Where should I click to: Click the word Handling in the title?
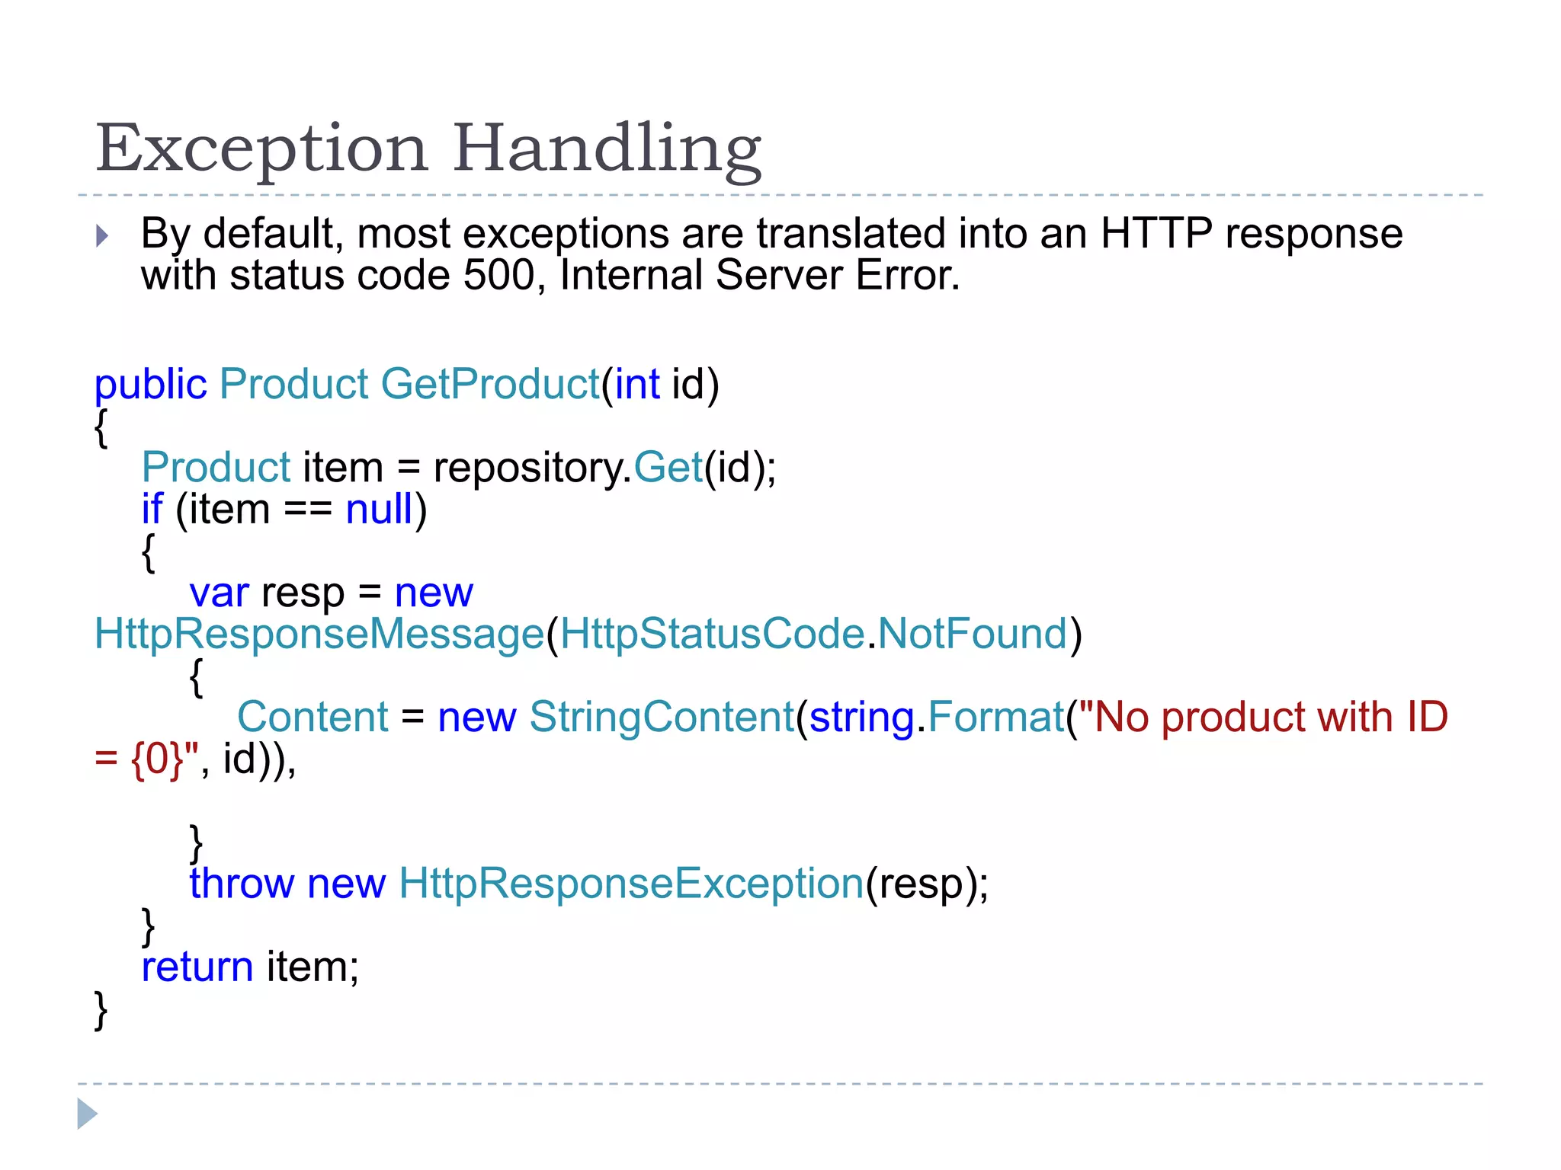(607, 149)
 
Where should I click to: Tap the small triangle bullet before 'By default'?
(102, 235)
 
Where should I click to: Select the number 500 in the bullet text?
(498, 275)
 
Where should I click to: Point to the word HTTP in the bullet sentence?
(1156, 233)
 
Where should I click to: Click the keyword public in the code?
(150, 384)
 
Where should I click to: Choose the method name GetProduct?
(490, 384)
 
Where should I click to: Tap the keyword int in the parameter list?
(637, 384)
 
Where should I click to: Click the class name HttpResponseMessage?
(319, 634)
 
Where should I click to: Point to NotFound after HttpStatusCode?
(972, 634)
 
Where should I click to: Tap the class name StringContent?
(662, 718)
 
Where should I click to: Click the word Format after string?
(995, 718)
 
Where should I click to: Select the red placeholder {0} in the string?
(157, 759)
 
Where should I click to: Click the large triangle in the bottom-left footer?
(87, 1114)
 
